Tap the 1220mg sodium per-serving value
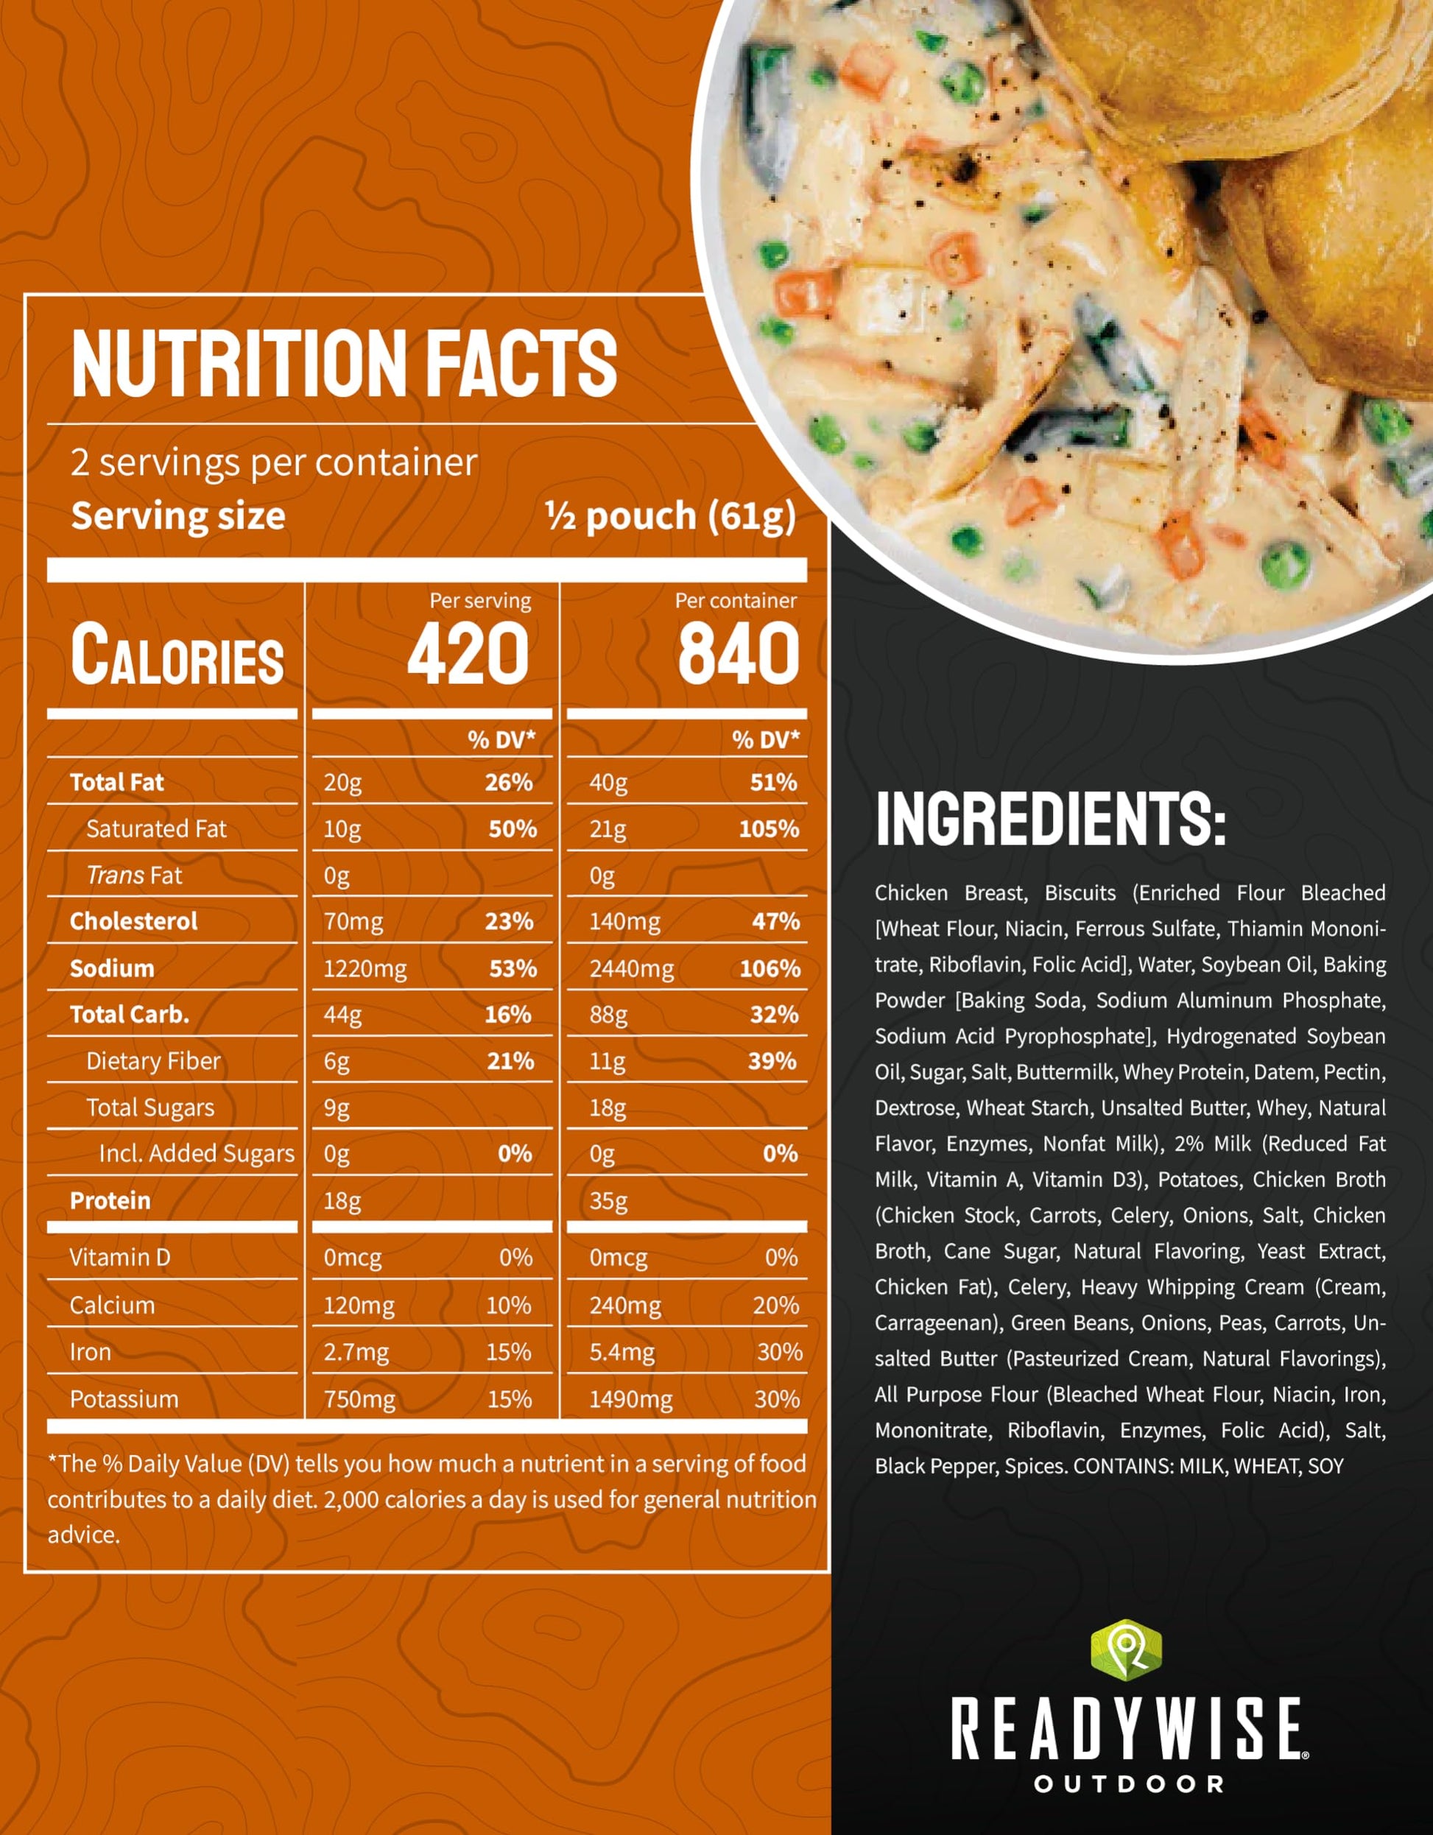[365, 969]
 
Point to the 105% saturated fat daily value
[768, 829]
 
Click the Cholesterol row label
[133, 922]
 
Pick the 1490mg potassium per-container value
[630, 1400]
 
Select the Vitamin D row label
[119, 1258]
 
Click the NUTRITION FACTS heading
[345, 363]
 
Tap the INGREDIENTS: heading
[1051, 819]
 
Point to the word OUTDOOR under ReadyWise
[1129, 1783]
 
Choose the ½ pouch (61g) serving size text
[670, 516]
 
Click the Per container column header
[736, 601]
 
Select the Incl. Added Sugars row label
[197, 1154]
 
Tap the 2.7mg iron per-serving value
[356, 1352]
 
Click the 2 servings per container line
[274, 462]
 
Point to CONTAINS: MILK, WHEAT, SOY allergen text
[1208, 1466]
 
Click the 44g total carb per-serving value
[343, 1015]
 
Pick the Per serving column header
[480, 601]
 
